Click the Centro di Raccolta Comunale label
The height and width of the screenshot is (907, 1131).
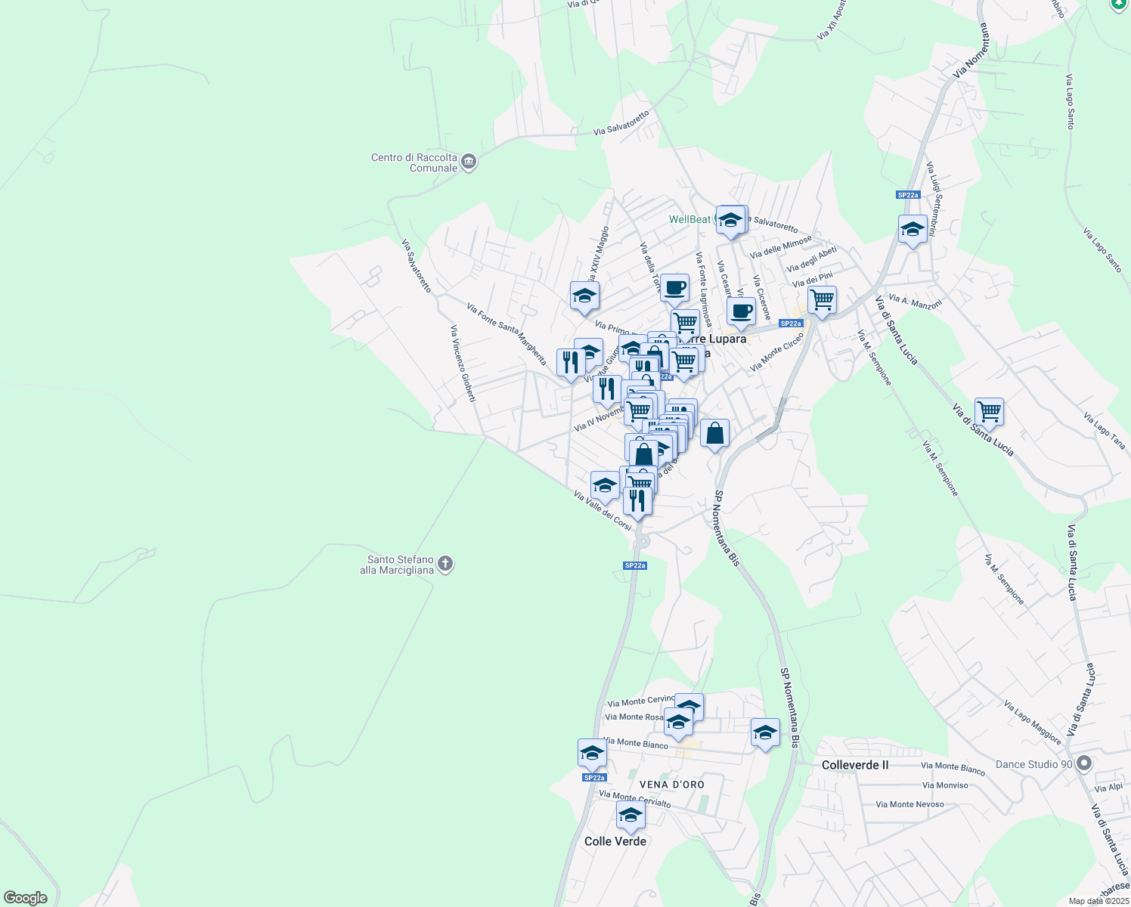point(414,163)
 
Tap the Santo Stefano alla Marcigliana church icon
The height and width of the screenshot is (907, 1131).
point(446,564)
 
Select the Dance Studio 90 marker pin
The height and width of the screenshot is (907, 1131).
point(1084,763)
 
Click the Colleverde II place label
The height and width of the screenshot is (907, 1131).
point(855,765)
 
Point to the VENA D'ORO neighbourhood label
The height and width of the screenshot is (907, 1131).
point(671,785)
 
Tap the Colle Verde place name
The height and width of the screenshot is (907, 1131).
point(615,841)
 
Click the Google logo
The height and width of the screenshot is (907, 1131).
point(26,897)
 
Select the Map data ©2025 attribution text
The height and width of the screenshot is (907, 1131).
point(1098,901)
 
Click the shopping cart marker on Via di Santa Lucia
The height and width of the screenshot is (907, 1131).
point(989,412)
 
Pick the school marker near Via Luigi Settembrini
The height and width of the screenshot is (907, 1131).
point(913,229)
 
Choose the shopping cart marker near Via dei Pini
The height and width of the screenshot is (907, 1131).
point(822,300)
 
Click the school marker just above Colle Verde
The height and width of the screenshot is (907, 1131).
point(631,816)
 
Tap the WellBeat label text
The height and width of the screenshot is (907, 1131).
point(689,219)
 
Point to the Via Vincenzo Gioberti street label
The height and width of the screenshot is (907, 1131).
point(463,363)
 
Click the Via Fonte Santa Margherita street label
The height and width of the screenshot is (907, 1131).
point(507,334)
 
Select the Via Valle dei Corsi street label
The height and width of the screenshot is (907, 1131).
point(603,510)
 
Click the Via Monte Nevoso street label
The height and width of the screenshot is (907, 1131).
point(909,804)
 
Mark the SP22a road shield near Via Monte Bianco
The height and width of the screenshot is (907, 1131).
point(594,777)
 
